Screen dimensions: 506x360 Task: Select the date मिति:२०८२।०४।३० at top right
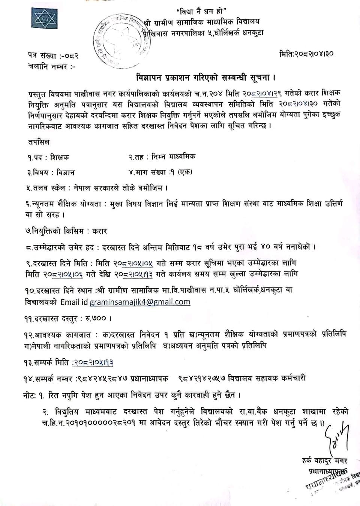[x=306, y=54]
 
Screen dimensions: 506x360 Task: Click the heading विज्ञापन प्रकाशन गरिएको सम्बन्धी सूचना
[x=206, y=78]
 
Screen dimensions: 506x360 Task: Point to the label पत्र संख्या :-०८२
[x=53, y=56]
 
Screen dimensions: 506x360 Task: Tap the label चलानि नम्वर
[x=51, y=67]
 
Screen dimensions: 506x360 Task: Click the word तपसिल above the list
[x=39, y=142]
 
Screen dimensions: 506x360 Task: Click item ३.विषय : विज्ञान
[x=50, y=173]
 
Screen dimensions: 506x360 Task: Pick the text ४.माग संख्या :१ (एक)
[x=160, y=172]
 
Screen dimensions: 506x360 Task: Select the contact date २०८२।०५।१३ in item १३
[x=93, y=362]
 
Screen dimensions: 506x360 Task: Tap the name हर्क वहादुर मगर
[x=324, y=460]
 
